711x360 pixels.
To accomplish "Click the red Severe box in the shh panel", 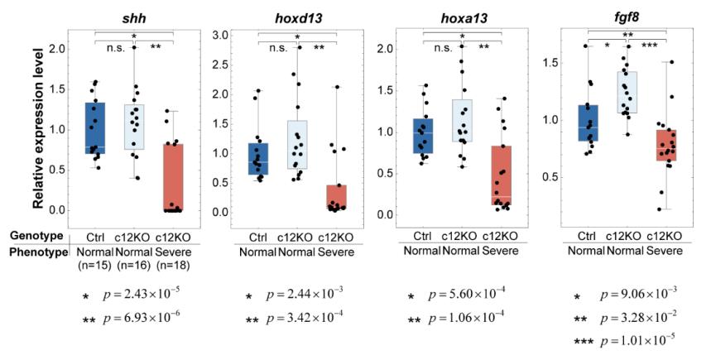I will [x=172, y=177].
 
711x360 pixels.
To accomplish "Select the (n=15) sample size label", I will [x=98, y=266].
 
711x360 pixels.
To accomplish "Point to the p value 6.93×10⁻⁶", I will [x=147, y=318].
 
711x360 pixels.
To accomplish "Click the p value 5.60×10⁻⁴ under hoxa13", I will [x=477, y=296].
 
